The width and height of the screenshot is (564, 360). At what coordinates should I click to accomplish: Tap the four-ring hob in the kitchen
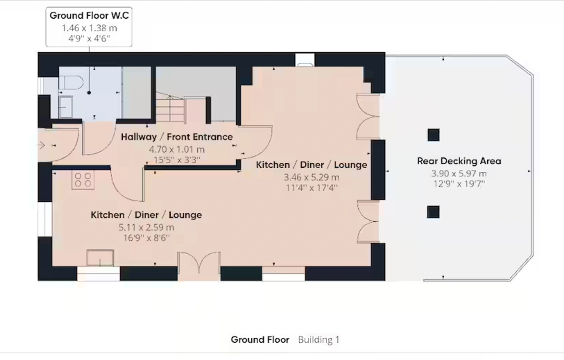(x=83, y=180)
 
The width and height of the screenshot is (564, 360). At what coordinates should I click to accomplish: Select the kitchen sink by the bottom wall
(x=100, y=258)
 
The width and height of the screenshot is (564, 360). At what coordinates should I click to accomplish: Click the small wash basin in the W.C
(x=65, y=107)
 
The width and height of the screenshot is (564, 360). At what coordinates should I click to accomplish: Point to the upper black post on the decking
(x=433, y=135)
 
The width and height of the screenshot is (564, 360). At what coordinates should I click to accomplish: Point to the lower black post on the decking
(x=433, y=212)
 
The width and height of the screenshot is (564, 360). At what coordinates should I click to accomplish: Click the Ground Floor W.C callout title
(x=89, y=16)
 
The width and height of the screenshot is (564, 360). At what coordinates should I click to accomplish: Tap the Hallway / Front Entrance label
(x=177, y=137)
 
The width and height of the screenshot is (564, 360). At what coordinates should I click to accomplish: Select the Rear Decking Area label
(x=459, y=161)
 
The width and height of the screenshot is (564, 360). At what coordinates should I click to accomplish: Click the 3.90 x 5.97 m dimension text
(x=459, y=174)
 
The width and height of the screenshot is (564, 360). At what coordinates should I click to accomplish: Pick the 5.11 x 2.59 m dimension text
(x=146, y=227)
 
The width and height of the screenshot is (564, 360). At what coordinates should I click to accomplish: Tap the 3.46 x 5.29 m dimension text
(x=312, y=177)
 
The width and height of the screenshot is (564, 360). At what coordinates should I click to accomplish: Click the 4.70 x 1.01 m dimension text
(x=177, y=150)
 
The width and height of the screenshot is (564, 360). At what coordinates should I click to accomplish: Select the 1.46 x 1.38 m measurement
(x=89, y=28)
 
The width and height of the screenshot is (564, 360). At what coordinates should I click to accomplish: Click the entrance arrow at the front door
(x=42, y=145)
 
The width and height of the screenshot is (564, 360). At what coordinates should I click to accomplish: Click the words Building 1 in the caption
(x=319, y=340)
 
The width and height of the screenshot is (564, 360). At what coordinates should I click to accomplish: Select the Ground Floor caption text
(x=260, y=340)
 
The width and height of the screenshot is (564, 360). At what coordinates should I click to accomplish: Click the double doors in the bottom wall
(x=199, y=263)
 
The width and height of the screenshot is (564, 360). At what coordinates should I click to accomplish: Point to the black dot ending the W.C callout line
(x=89, y=93)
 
